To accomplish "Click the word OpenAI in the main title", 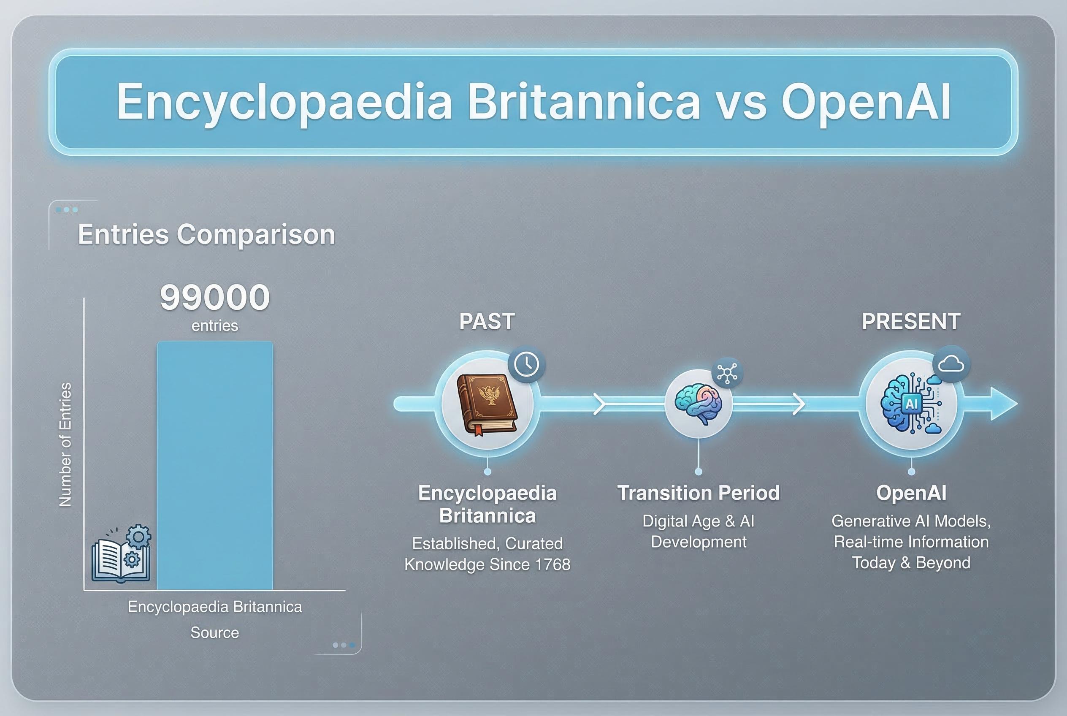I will click(x=866, y=102).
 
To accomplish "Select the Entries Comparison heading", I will click(x=206, y=234).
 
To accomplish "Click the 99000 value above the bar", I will click(x=214, y=297).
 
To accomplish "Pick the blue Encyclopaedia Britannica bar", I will click(x=214, y=466).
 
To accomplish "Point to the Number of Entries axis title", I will click(x=66, y=444).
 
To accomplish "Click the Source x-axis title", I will click(x=214, y=632).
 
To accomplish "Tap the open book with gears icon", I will click(x=122, y=554).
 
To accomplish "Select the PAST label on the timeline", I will click(x=487, y=321).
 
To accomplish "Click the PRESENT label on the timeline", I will click(x=911, y=321).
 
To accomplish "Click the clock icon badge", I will click(x=526, y=364).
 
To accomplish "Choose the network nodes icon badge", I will click(x=727, y=373).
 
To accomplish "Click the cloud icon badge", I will click(x=951, y=364).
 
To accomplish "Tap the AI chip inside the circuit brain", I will click(x=911, y=404).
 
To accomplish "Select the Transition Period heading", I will click(x=698, y=493).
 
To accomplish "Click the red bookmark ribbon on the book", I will click(x=479, y=430).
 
